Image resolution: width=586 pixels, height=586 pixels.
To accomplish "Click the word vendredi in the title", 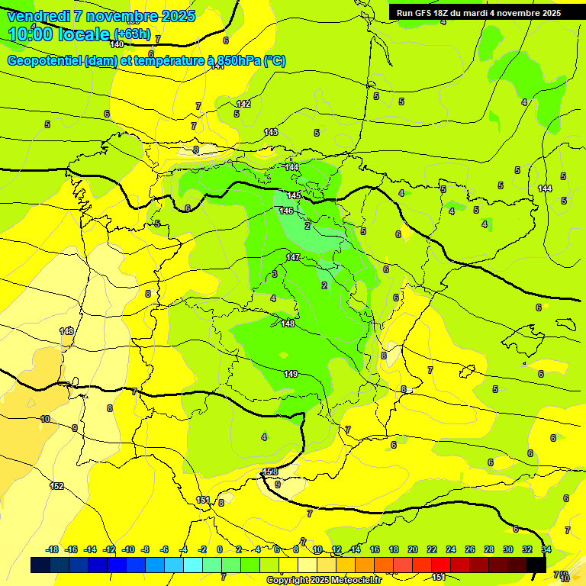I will [x=37, y=16].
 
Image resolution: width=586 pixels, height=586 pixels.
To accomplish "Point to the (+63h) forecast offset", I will [x=132, y=34].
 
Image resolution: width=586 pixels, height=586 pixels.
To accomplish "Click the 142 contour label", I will [x=243, y=104].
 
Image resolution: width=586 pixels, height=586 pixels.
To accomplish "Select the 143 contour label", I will [x=271, y=132].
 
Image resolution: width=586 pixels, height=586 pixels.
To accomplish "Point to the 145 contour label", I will [x=294, y=196].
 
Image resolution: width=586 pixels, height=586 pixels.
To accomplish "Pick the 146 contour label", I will [x=286, y=211].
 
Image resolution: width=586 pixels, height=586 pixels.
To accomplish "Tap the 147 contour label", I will [x=293, y=257].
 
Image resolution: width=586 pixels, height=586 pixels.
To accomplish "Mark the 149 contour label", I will [x=291, y=374].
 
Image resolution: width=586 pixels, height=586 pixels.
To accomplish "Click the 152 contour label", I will [x=56, y=486].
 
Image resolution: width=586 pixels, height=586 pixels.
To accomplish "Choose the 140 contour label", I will [x=117, y=44].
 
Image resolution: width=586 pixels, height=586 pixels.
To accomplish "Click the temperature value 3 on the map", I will [x=275, y=274].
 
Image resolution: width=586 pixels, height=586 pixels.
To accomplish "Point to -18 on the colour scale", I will [x=53, y=549].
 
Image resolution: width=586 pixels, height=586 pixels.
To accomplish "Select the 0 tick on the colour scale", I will [x=220, y=549].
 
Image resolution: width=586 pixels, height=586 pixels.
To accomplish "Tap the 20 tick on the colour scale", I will [x=413, y=549].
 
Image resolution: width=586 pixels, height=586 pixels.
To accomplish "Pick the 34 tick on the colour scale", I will [x=546, y=549].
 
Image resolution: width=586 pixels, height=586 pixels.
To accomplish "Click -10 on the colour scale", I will [x=129, y=549].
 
